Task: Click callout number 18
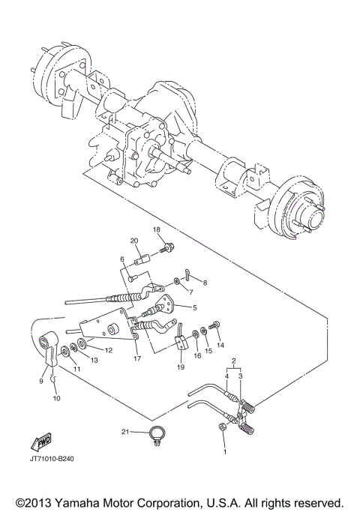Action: pos(157,229)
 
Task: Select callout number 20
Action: pos(135,241)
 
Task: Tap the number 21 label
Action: pos(125,432)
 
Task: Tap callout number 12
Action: pos(108,350)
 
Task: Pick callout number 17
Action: pos(136,359)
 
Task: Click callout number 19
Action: pos(180,368)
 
